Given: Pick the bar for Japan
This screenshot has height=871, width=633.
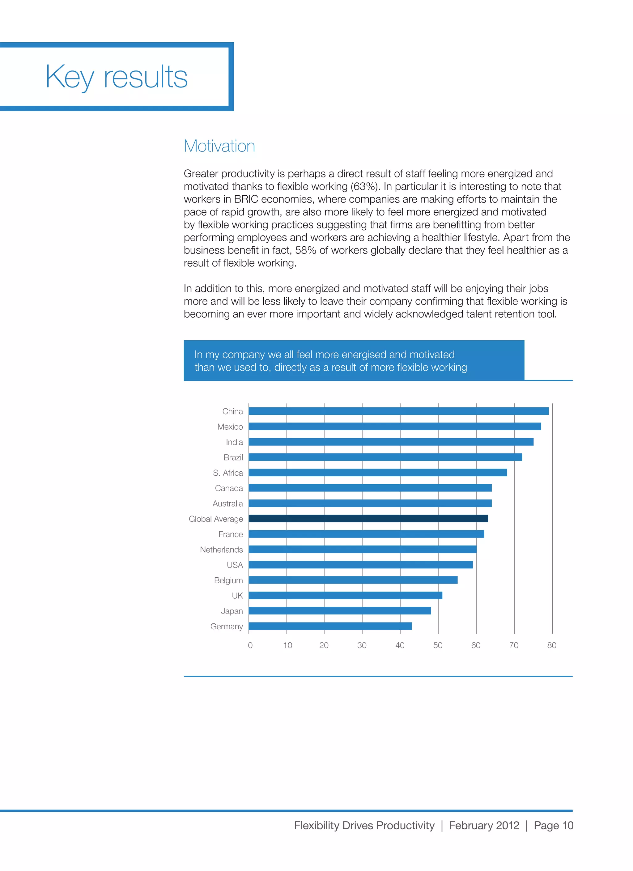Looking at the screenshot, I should [340, 611].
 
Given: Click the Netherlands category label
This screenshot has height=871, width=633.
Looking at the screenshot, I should [221, 550].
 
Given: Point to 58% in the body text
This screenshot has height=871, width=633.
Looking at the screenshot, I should [305, 250].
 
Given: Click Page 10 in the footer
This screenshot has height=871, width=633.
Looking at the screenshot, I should [553, 825].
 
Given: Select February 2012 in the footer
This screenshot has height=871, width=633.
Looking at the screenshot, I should [484, 825].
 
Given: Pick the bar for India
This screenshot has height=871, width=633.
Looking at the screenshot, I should [391, 442].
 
